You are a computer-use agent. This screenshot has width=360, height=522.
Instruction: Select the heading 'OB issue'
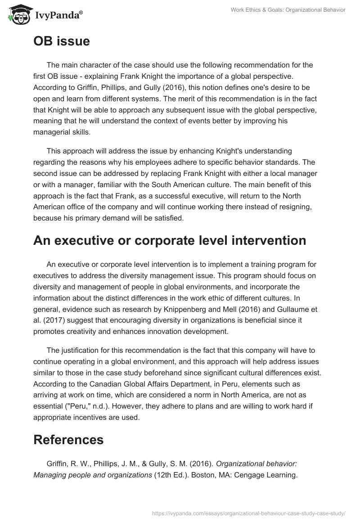click(x=62, y=41)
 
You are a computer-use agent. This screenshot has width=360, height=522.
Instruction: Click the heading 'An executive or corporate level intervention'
click(x=170, y=240)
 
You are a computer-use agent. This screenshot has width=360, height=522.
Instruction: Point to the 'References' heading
click(x=68, y=440)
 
